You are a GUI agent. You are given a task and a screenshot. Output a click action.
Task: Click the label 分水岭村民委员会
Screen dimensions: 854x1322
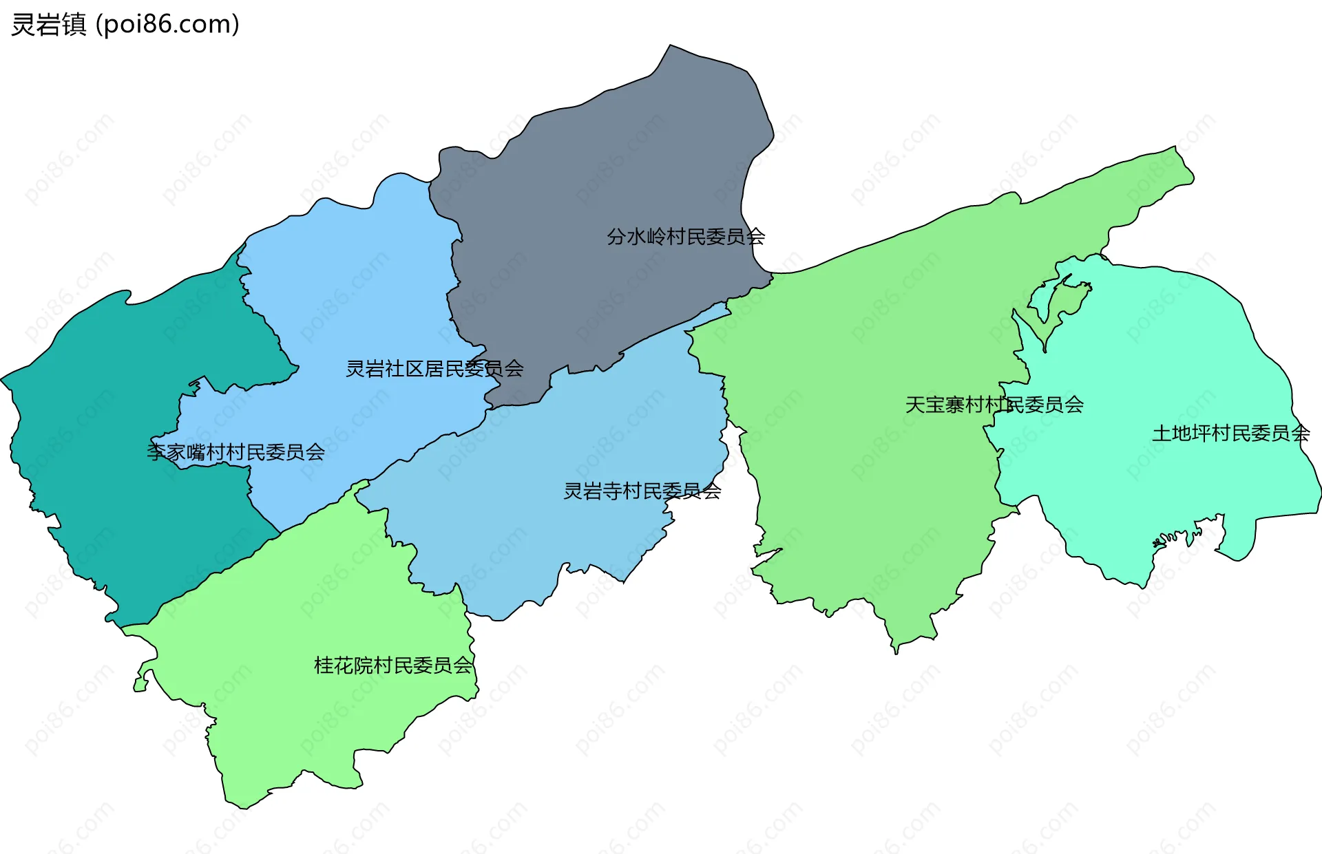point(686,237)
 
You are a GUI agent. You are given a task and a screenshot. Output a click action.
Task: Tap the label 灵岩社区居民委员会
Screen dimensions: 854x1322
point(434,369)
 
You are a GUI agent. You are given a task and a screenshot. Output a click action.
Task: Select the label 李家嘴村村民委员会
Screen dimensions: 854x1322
point(235,452)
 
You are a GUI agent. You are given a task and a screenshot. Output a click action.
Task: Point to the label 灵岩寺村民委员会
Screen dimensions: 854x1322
point(642,491)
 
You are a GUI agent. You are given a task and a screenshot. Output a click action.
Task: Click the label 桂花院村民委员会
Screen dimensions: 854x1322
point(393,665)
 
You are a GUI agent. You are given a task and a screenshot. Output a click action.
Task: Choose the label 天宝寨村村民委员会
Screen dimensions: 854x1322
point(994,405)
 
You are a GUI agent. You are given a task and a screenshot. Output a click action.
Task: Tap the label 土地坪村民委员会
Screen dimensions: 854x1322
point(1230,434)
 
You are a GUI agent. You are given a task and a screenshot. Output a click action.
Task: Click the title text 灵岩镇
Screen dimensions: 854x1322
point(49,25)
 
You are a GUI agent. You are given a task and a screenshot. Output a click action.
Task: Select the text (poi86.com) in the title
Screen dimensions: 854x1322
point(167,25)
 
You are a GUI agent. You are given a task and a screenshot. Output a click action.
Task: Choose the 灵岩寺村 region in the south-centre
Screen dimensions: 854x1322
point(551,537)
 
